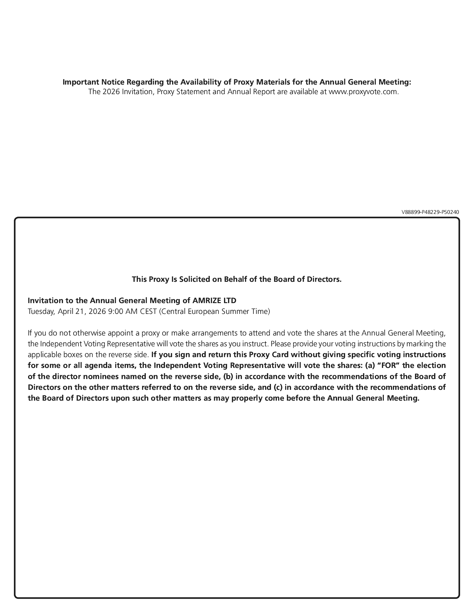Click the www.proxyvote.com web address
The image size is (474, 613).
363,92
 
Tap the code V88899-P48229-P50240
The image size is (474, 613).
430,212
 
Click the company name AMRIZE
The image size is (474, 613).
208,300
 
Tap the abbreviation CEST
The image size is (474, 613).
148,311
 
